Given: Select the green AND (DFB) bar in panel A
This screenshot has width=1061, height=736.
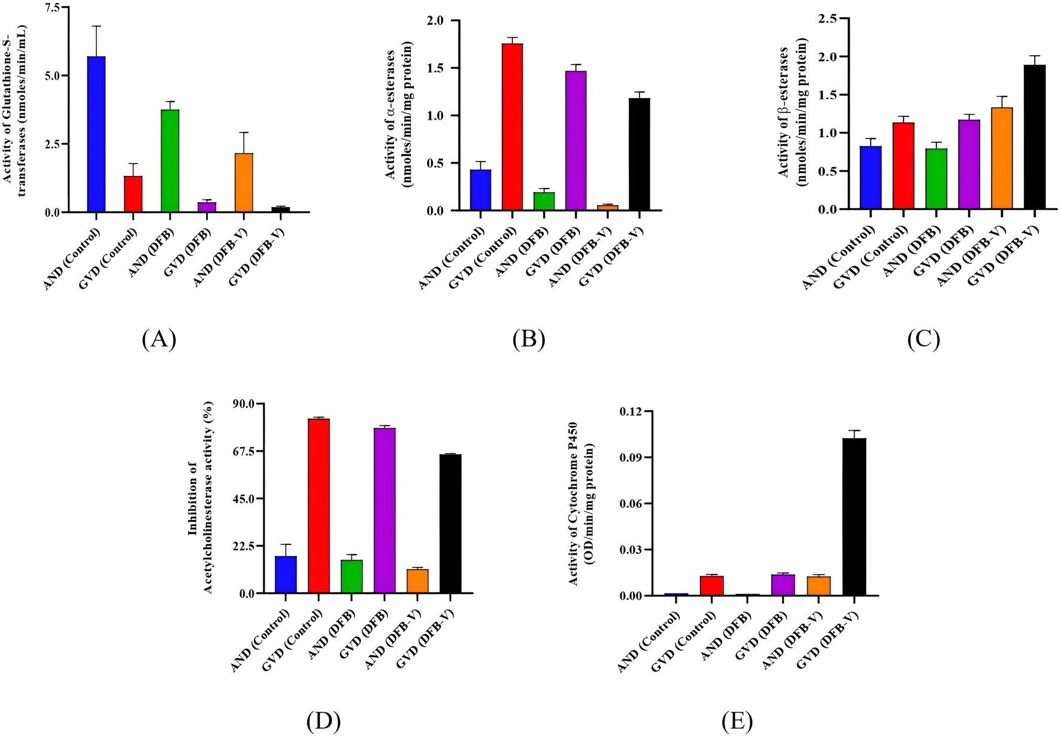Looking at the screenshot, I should (x=169, y=161).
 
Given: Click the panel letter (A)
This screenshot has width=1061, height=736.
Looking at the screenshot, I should (x=159, y=339).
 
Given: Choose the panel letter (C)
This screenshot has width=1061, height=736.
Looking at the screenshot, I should (x=923, y=339).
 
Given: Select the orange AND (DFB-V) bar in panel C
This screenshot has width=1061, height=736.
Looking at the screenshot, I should (x=1001, y=159).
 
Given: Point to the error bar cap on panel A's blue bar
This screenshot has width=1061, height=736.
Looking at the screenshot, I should (x=96, y=26).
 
